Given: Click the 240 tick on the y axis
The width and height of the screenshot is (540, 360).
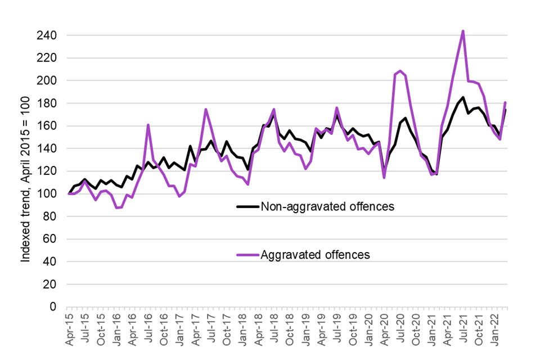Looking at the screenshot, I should point(52,36).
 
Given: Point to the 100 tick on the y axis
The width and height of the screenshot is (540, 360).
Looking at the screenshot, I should point(52,194).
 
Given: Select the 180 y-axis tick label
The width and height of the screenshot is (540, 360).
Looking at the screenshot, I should point(52,103).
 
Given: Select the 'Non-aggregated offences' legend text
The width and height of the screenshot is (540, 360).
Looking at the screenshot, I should point(327,206).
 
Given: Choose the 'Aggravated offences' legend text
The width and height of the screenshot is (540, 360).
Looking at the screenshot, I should point(315,255).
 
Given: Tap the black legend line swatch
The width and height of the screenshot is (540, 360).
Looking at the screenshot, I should point(247,206).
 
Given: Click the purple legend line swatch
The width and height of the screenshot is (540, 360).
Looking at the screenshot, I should point(247,255).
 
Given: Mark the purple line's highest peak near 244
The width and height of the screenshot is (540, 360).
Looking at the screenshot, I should point(462,31).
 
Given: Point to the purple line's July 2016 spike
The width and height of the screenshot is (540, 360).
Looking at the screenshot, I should point(148,125).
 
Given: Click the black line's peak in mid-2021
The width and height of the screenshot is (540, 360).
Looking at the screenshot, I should point(462,97).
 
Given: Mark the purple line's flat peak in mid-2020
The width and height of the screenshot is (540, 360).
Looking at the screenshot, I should point(399,71).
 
